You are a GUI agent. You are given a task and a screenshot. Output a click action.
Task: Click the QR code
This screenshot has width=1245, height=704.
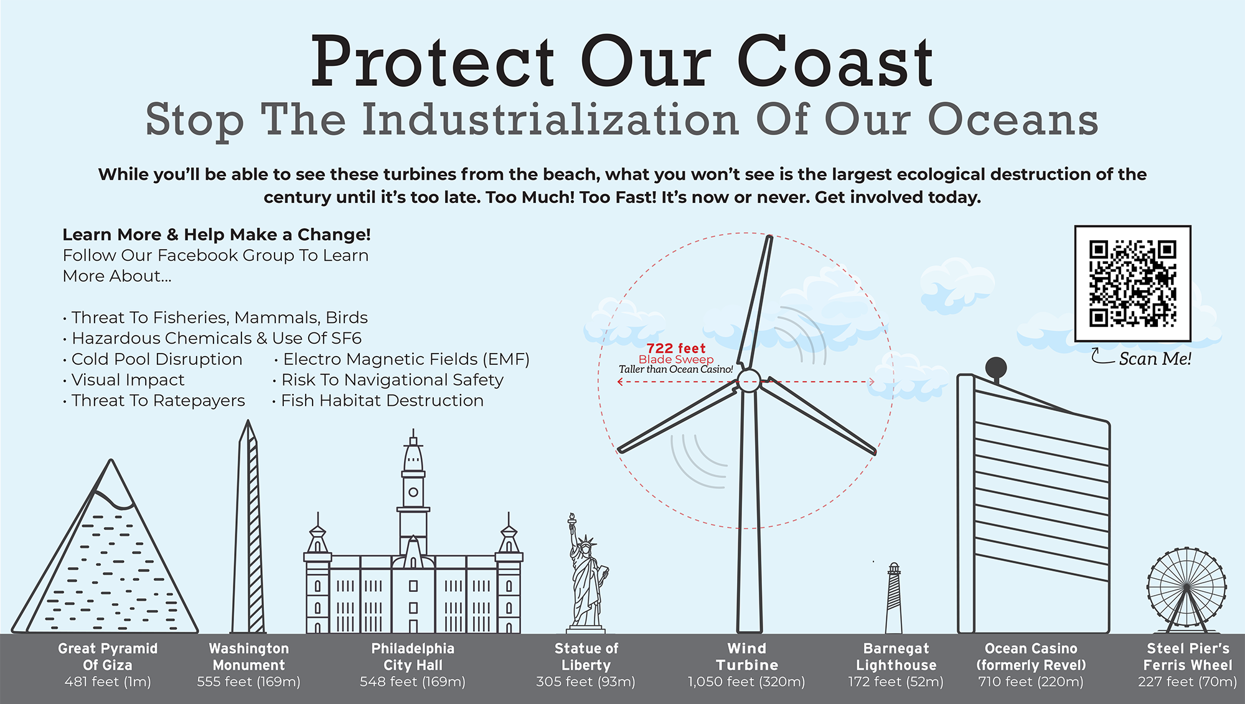tap(1132, 283)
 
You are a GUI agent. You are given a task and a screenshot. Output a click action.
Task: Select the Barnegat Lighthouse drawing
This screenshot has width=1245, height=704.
tap(894, 599)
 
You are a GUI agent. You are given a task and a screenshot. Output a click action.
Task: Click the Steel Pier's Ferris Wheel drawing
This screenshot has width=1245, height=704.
tap(1186, 589)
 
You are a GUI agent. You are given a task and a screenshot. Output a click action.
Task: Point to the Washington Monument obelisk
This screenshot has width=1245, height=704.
tap(249, 529)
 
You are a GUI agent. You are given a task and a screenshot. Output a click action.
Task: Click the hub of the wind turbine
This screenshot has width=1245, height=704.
tap(749, 380)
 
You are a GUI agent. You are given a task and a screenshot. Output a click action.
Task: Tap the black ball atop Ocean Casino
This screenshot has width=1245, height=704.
tap(996, 367)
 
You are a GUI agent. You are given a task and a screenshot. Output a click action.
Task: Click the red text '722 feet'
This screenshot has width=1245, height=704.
tap(676, 349)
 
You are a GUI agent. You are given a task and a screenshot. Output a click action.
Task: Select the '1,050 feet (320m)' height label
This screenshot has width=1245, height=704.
tap(746, 682)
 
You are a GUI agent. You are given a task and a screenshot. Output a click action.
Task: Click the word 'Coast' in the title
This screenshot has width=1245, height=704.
tap(835, 62)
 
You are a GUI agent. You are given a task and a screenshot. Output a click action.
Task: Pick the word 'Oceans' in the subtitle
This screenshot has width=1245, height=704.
tap(1013, 120)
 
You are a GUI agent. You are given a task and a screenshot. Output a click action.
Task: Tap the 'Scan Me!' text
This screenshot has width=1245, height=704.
tap(1155, 359)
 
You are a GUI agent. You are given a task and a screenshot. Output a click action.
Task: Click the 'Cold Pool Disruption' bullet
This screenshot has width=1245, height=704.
tap(157, 359)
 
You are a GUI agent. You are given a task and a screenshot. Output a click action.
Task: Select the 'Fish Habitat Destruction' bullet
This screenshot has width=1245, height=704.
tap(382, 401)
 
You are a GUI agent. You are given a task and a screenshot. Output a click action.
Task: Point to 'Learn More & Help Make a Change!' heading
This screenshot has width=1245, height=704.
tap(217, 235)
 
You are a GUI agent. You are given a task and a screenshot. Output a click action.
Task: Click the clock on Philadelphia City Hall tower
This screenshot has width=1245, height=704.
tap(413, 492)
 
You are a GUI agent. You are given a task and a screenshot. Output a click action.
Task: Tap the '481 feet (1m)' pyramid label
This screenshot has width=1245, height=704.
tap(108, 682)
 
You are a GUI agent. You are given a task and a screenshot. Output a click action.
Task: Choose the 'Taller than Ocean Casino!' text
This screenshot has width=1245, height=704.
tap(676, 370)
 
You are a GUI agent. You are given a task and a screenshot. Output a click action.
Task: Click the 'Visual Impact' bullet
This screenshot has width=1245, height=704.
tap(128, 380)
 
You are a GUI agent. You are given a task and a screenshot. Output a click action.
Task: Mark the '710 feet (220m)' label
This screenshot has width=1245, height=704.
tap(1031, 682)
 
